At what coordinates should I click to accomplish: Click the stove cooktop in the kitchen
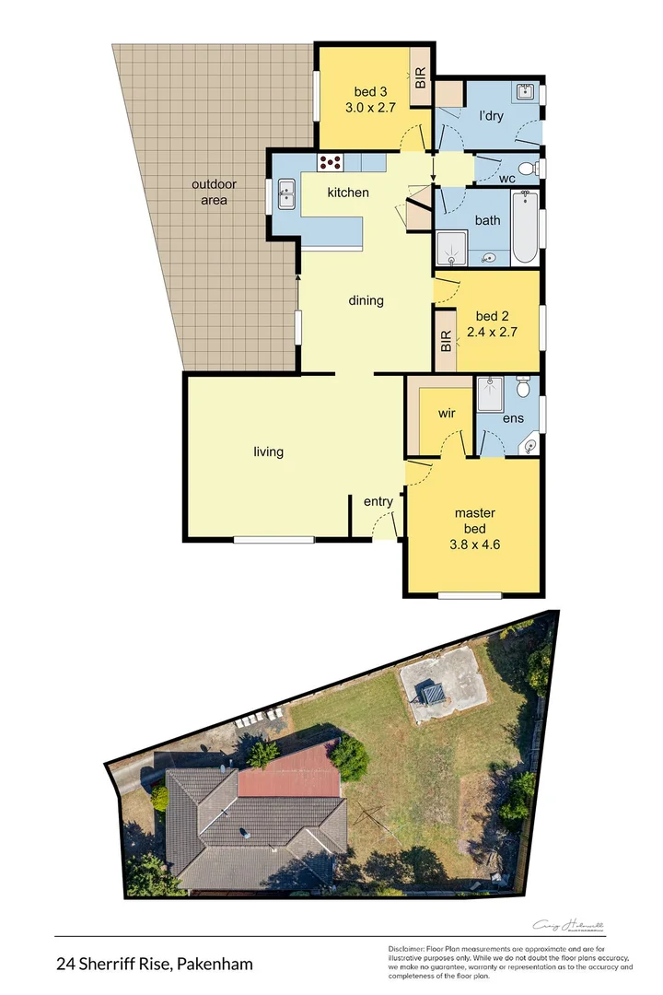(x=331, y=163)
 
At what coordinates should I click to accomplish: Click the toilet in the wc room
(x=526, y=169)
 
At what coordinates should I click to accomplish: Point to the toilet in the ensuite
(x=523, y=388)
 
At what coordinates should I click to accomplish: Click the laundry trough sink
(x=525, y=92)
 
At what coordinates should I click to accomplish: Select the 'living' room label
(x=269, y=451)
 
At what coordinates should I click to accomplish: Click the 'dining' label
(x=366, y=300)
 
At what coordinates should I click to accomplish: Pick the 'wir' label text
(x=447, y=414)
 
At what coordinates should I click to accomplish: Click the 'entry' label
(x=378, y=501)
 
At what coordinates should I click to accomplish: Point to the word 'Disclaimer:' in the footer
(x=405, y=949)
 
